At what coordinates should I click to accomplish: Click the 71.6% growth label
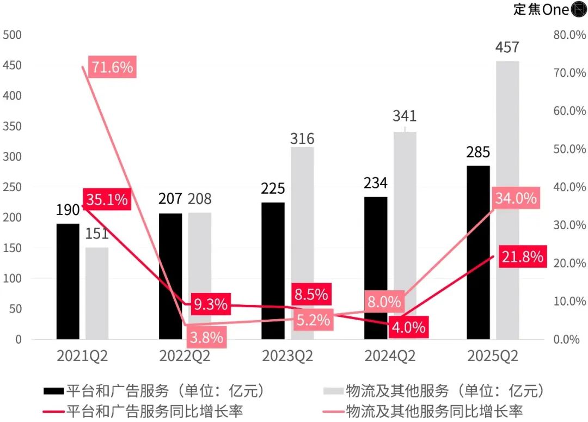coord(112,67)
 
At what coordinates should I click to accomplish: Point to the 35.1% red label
coord(107,199)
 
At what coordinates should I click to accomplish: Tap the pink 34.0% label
coord(516,199)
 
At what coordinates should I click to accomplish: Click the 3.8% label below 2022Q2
coord(206,338)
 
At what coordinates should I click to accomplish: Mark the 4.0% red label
coord(407,327)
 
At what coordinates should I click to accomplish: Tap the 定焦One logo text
coord(541,9)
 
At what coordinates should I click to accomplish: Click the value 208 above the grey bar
coord(199,199)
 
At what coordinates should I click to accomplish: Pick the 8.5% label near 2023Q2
coord(310,295)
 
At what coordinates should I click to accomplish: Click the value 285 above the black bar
coord(478,152)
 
